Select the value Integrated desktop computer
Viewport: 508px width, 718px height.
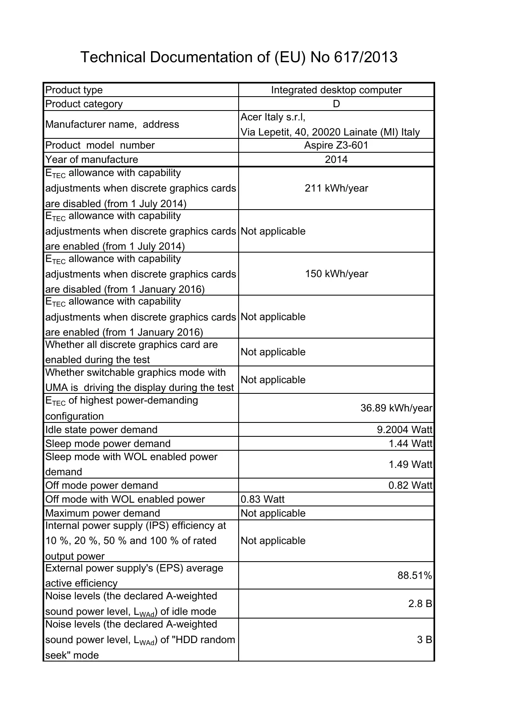point(336,90)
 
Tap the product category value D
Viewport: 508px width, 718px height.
point(336,104)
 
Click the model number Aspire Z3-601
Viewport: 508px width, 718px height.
point(336,145)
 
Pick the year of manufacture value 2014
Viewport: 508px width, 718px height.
point(336,159)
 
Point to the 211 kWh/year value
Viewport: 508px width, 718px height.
point(336,188)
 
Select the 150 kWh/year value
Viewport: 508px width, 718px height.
point(336,274)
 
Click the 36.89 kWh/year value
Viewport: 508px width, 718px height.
point(396,408)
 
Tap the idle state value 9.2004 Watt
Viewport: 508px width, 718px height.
point(404,430)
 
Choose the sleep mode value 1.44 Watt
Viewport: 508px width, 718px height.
point(410,444)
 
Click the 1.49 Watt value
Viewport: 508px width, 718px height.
point(410,465)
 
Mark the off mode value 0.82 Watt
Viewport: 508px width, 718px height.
point(410,485)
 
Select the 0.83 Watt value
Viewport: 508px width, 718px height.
point(262,499)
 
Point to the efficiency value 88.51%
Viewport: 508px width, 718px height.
point(414,576)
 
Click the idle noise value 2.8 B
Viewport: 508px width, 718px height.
point(420,604)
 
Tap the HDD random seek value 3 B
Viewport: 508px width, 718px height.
point(424,640)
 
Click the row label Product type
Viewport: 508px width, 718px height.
point(74,90)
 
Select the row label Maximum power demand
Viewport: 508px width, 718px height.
point(103,513)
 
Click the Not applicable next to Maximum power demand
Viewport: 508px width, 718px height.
point(273,513)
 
